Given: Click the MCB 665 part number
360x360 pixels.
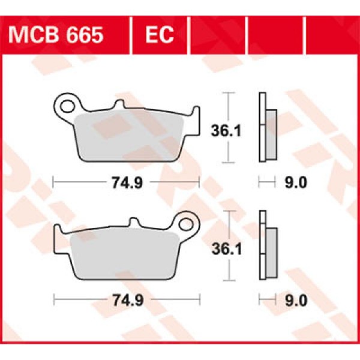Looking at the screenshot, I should coord(55,35).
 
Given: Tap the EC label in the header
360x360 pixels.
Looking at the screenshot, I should coord(159,35).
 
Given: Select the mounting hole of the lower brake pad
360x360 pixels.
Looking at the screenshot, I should coord(187,226).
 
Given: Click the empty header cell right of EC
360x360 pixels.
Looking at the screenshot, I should coord(217,35).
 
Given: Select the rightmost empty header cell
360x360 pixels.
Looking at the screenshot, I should coord(331,35).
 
